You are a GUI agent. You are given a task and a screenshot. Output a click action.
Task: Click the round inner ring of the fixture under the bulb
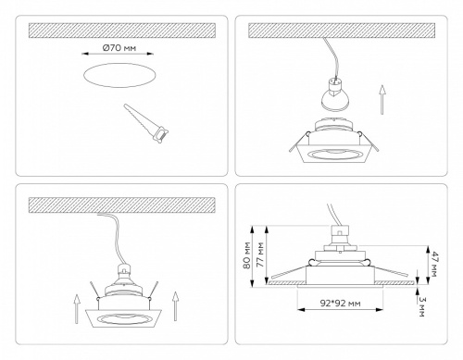click(x=338, y=151)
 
